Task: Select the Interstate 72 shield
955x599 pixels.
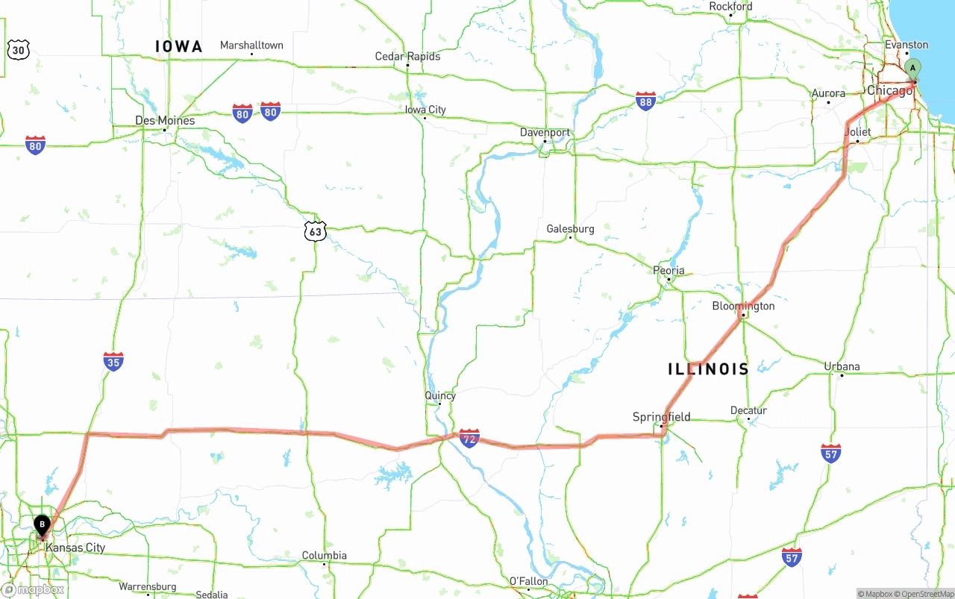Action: (x=469, y=437)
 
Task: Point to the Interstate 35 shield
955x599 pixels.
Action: (x=113, y=362)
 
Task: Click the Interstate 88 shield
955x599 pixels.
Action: (x=646, y=101)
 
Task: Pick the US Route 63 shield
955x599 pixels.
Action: (x=316, y=231)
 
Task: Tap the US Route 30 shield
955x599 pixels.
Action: (x=18, y=50)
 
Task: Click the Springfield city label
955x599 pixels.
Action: (x=661, y=417)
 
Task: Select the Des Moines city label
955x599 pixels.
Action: (x=165, y=120)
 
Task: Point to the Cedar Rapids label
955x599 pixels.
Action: (x=407, y=57)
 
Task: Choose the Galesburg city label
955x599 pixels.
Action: (x=570, y=229)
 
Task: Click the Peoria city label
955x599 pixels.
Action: (x=668, y=271)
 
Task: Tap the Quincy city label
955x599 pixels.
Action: (x=440, y=395)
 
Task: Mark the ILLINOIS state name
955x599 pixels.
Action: (x=708, y=369)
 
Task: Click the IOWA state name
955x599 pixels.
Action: (x=179, y=46)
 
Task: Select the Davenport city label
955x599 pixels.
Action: (x=545, y=133)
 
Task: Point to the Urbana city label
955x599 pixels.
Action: (x=842, y=366)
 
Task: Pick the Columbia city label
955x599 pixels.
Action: (x=324, y=556)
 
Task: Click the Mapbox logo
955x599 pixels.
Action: (x=33, y=589)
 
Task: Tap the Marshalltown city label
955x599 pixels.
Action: (x=251, y=46)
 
